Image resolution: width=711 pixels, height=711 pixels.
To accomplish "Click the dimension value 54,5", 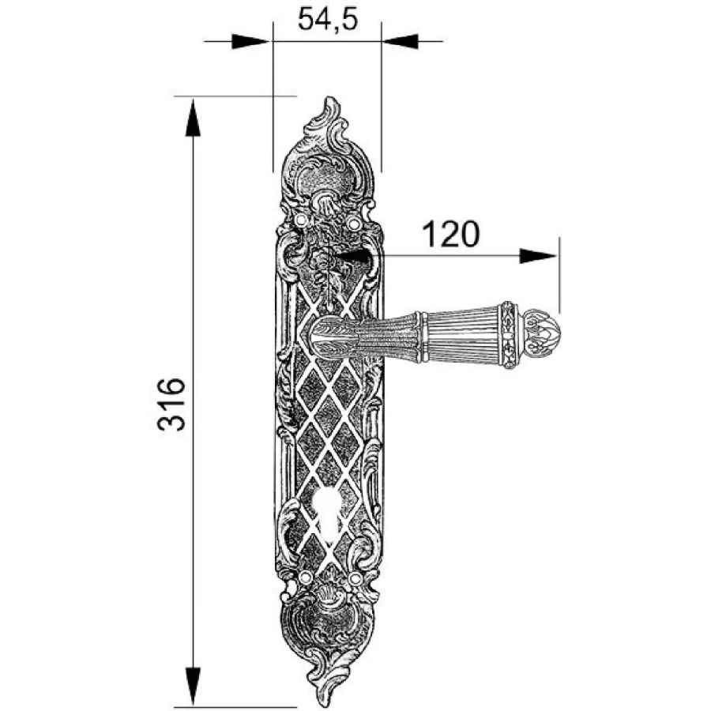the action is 328,19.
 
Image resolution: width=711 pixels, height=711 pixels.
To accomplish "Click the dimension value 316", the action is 171,404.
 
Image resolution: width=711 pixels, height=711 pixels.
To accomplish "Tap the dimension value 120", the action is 450,234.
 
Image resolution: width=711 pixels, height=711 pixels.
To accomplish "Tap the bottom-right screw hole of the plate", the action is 356,578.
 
